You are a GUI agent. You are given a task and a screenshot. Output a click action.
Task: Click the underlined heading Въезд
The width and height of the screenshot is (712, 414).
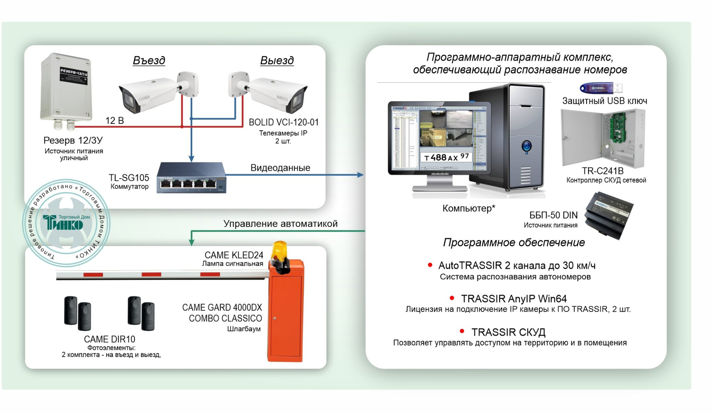coord(149,61)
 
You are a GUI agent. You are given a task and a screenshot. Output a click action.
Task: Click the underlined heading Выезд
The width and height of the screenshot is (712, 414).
coord(277,61)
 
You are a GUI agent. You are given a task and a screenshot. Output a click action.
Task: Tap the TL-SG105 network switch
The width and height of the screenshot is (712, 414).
coord(192,178)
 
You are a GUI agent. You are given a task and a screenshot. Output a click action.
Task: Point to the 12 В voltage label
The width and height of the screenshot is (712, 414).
coord(115,121)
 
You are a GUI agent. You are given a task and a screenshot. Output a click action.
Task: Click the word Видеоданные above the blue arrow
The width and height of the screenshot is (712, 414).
coord(280,168)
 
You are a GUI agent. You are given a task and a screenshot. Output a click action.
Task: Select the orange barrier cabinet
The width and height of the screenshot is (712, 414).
coord(286,313)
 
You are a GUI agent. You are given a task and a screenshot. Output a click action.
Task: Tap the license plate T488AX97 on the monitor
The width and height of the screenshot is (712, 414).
coord(446,157)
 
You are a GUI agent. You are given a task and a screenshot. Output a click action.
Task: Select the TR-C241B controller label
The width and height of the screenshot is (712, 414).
coord(603,171)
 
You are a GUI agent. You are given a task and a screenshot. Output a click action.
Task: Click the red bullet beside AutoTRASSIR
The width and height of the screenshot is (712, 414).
coord(430,265)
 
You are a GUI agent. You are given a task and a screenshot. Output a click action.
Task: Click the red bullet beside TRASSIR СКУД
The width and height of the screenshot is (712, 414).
coord(462,331)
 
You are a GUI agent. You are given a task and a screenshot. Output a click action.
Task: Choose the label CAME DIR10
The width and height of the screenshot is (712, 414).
coord(110,339)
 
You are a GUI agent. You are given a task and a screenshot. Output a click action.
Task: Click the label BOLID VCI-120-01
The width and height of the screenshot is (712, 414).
coord(283,122)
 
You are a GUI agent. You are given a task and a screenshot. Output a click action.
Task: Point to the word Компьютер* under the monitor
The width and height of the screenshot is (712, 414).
coord(468,208)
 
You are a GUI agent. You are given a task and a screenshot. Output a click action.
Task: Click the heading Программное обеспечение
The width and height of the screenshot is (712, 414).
coord(514,242)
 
